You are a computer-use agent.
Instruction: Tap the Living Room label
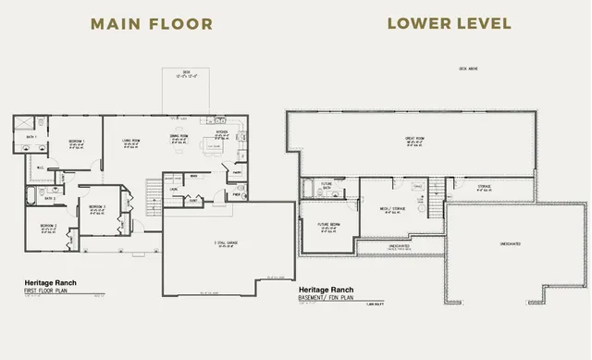point(130,141)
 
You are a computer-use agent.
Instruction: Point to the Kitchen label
point(222,132)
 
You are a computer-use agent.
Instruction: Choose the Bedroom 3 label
point(98,206)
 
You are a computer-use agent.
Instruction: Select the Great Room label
point(414,139)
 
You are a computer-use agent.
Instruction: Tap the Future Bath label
point(326,183)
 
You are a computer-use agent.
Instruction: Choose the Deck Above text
point(469,69)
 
